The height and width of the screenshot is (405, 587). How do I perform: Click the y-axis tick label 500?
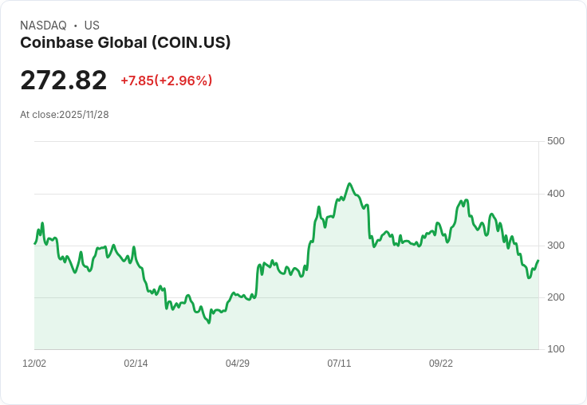coord(555,141)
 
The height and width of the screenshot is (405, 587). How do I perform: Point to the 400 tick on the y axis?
coord(555,194)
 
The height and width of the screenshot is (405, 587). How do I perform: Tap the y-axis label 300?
coord(555,246)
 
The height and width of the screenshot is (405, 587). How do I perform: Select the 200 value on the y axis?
coord(555,297)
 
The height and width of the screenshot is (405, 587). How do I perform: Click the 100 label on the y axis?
coord(555,349)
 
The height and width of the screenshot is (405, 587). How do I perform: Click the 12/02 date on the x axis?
coord(34,364)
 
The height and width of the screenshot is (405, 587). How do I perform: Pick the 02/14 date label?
coord(136,364)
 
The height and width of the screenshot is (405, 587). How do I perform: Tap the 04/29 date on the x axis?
coord(238,364)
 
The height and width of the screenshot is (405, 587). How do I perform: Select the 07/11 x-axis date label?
coord(339,364)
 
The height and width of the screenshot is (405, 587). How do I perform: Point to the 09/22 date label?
coord(441,364)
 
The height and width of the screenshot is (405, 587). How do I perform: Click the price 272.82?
coord(63,81)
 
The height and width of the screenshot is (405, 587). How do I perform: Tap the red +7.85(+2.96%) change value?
coord(166,81)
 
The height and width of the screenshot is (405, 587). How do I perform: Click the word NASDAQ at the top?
coord(43,26)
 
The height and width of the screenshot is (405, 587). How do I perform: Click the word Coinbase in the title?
coord(53,42)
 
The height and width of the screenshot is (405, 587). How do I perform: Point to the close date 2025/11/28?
coord(84,115)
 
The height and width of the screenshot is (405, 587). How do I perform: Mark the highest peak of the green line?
coord(349,183)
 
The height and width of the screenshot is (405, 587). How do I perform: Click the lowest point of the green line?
coord(209,323)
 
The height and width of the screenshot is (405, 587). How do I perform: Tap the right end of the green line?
coord(538,261)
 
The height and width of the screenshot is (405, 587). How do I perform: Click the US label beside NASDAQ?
coord(92,26)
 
